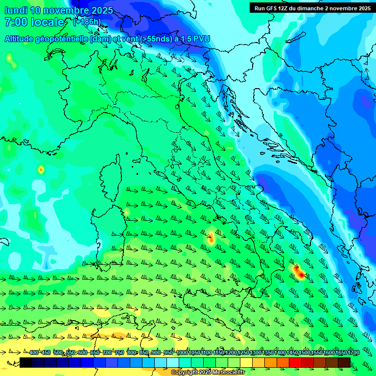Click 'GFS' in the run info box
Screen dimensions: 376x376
[275, 8]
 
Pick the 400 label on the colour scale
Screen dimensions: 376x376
[33, 353]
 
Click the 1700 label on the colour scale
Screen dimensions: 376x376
[340, 353]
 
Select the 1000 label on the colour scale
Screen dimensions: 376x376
[182, 353]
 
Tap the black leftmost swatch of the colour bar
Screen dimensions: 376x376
[26, 362]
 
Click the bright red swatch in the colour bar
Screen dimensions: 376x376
[295, 362]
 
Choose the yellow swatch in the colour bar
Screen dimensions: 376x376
[246, 362]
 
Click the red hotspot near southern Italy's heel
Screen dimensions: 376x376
[298, 272]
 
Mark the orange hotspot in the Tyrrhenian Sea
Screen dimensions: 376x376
[211, 238]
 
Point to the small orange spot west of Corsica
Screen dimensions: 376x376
[41, 170]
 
